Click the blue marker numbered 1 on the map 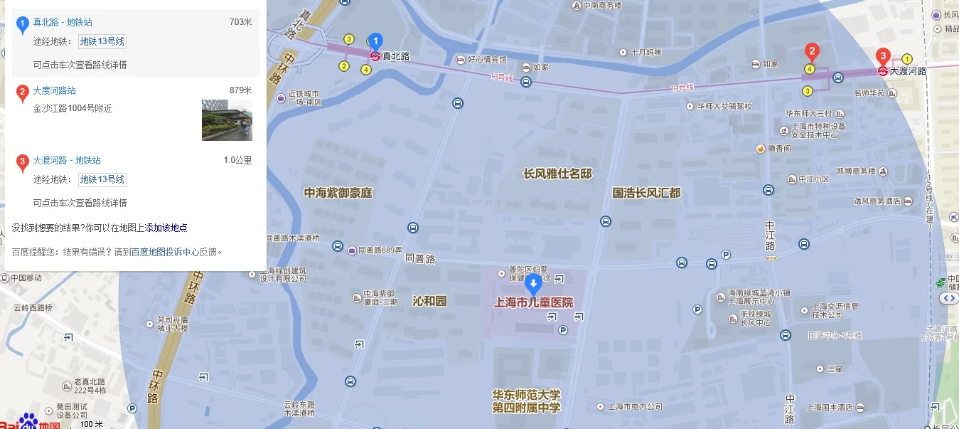pos(377,42)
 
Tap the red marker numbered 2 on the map pos(811,51)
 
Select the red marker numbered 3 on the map pos(883,55)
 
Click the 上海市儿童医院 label pos(533,302)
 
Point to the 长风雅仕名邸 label pos(557,174)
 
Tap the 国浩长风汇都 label pos(646,193)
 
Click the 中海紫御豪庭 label pos(338,193)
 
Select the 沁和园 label pos(429,301)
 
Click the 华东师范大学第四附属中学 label pos(526,401)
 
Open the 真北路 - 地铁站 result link pos(63,22)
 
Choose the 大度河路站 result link pos(54,90)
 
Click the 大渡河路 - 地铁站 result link pos(67,160)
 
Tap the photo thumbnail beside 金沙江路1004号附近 pos(227,120)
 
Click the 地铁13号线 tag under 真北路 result pos(102,41)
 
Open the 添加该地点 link pos(166,228)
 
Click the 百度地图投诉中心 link pos(164,251)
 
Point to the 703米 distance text pos(240,22)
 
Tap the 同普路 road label pos(419,259)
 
